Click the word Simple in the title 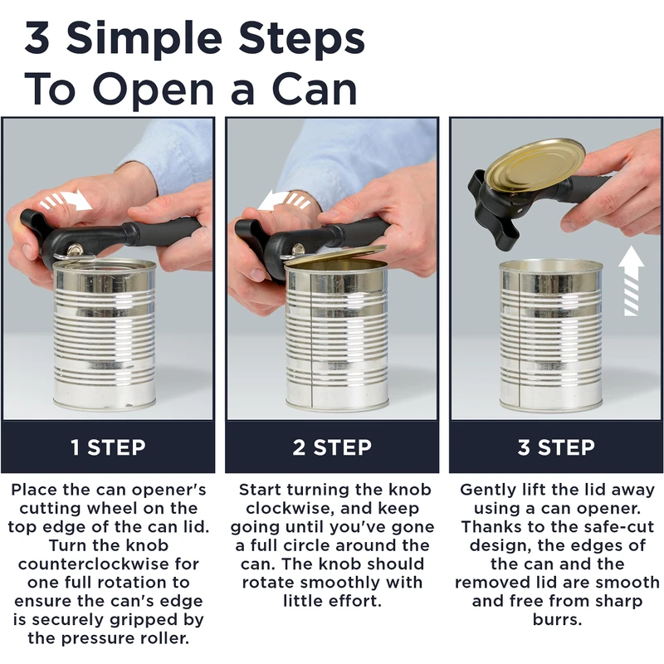144,39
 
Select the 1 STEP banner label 108,447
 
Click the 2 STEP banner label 332,447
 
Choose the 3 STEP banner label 556,447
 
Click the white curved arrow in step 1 68,200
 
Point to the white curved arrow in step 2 283,200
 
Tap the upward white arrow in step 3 631,281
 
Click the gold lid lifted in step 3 535,166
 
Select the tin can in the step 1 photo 105,334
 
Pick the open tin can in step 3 551,334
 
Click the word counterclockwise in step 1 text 109,564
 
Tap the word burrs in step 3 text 557,619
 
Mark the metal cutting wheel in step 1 76,251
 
